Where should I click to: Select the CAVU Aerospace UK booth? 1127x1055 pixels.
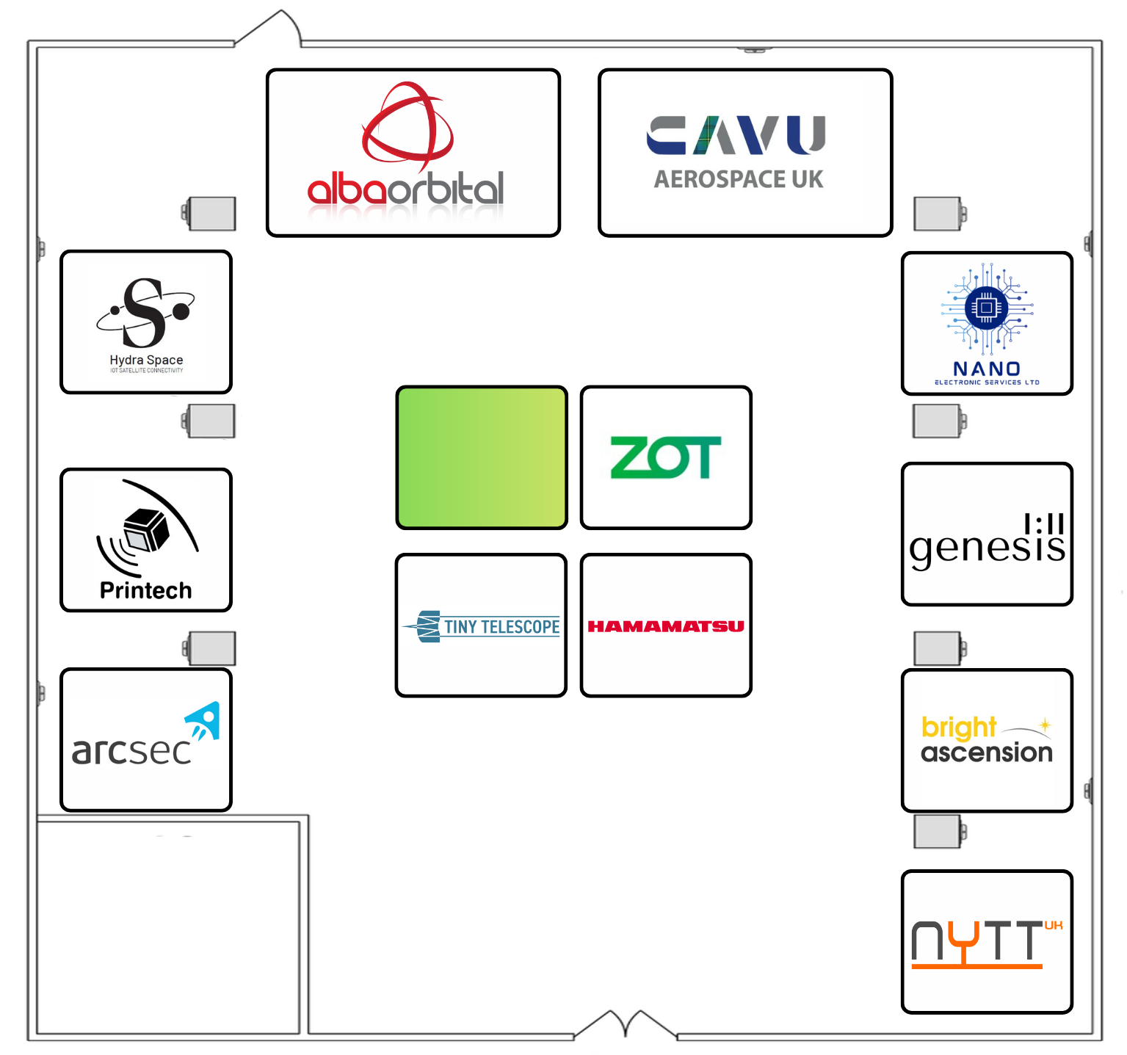(x=745, y=153)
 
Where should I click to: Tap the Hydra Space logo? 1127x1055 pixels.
(x=146, y=320)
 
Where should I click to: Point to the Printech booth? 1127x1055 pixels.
(x=146, y=540)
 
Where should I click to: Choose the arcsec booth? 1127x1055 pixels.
(x=146, y=740)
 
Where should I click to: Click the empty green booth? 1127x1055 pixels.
(x=482, y=457)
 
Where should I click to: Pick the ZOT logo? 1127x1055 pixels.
(x=665, y=457)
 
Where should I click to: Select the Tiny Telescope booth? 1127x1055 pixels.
(x=481, y=625)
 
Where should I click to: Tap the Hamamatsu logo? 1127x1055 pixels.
(x=665, y=626)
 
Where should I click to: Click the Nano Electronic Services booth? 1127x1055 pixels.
(x=987, y=323)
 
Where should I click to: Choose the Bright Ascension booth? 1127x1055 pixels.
(x=987, y=740)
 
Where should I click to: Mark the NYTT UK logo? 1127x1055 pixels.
(x=986, y=943)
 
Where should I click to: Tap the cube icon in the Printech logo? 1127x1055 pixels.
(x=147, y=529)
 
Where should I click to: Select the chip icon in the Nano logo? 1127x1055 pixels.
(x=986, y=307)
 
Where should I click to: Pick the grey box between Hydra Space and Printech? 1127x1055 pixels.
(x=211, y=421)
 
